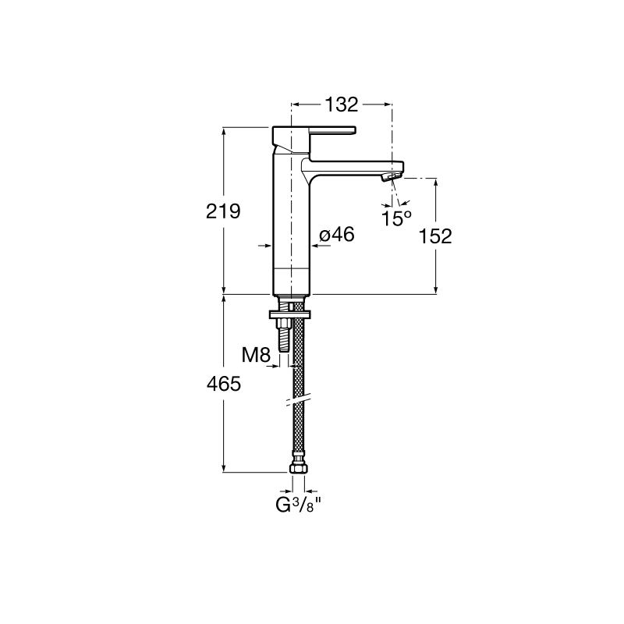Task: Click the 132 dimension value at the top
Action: click(x=342, y=105)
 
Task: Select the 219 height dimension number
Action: click(x=223, y=211)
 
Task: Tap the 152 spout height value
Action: click(x=435, y=236)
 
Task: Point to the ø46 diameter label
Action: click(x=337, y=235)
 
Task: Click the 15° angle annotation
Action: click(x=396, y=218)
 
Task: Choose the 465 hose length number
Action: click(x=224, y=384)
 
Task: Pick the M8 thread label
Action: click(x=257, y=355)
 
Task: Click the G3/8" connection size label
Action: click(x=299, y=505)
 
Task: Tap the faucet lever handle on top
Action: click(x=314, y=136)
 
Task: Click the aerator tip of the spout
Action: click(x=392, y=177)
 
